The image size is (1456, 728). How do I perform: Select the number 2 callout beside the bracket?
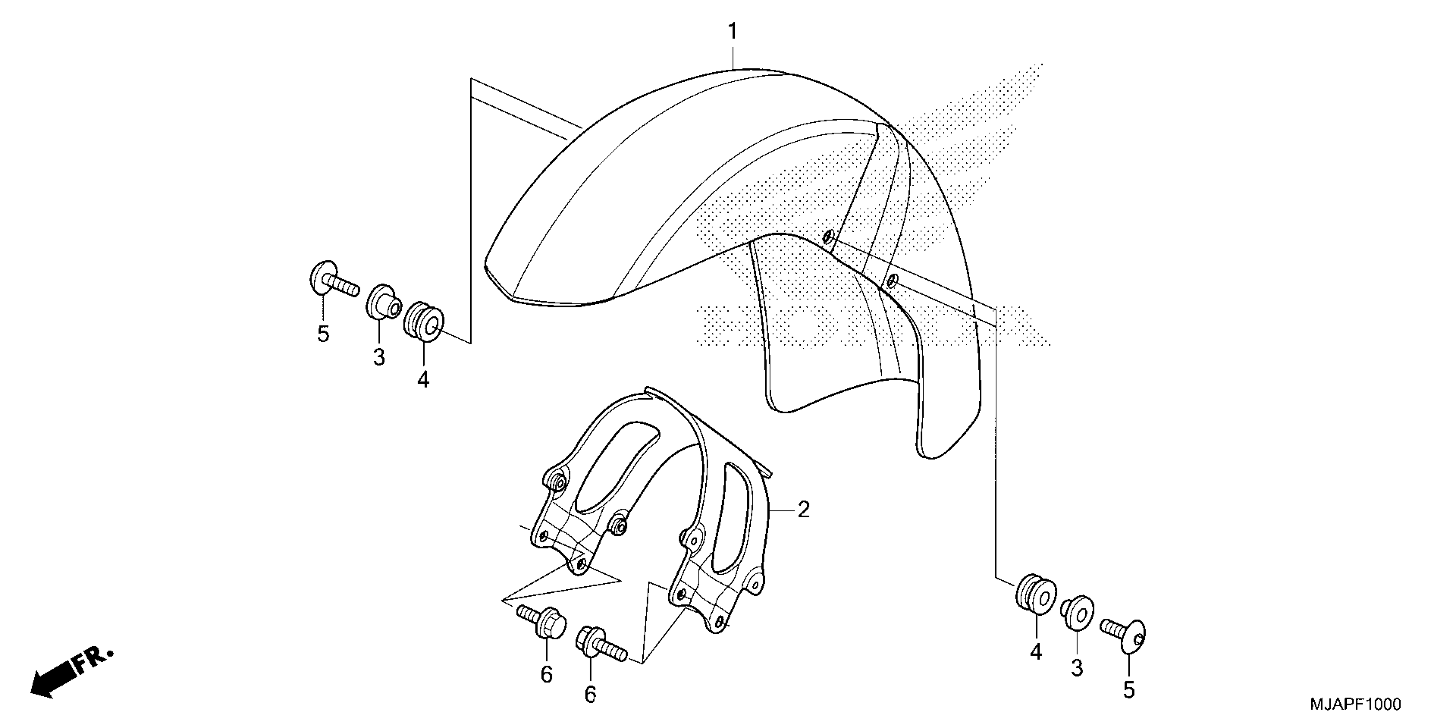[x=803, y=510]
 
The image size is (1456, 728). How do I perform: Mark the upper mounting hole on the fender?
[x=829, y=237]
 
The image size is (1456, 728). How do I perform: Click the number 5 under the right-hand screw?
[x=1128, y=690]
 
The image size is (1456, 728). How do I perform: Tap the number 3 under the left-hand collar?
[x=379, y=357]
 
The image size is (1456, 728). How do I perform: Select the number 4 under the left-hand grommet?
[x=424, y=379]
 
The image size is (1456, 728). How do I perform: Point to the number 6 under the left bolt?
[x=546, y=674]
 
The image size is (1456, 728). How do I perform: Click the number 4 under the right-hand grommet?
[x=1035, y=653]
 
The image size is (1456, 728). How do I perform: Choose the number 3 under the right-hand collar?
[x=1077, y=668]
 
